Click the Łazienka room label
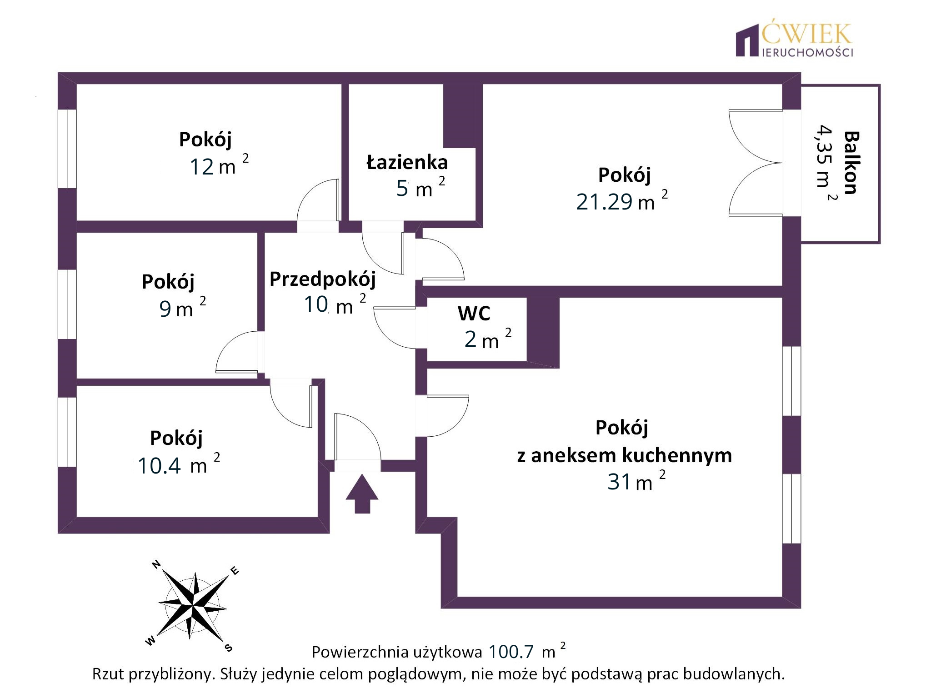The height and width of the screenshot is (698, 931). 407,162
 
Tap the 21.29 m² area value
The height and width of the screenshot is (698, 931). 622,200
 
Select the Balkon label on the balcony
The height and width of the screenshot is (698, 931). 851,163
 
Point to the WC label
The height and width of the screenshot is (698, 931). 474,313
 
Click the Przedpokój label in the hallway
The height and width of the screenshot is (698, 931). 323,279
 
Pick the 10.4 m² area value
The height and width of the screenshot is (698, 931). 179,464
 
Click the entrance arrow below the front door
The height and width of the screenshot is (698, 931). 362,494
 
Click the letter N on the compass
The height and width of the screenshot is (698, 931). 156,565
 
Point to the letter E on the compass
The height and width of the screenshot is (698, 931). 235,571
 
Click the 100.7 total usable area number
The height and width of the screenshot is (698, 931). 511,652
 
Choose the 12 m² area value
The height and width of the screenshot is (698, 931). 219,165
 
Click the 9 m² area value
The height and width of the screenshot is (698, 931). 182,308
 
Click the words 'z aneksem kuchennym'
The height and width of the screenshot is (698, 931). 625,455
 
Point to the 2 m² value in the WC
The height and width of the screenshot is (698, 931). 488,339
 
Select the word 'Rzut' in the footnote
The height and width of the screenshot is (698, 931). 108,673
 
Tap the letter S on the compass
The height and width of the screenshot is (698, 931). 229,648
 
